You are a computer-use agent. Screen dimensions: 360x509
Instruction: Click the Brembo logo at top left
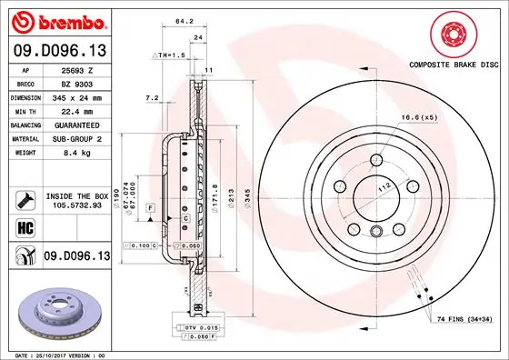coord(56,20)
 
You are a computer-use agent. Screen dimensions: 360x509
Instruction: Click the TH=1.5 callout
coord(174,56)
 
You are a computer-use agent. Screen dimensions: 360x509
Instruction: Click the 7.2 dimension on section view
coord(153,96)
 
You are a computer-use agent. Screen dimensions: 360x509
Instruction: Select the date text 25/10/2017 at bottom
coord(55,354)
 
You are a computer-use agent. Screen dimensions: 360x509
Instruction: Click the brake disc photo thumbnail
coord(55,309)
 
